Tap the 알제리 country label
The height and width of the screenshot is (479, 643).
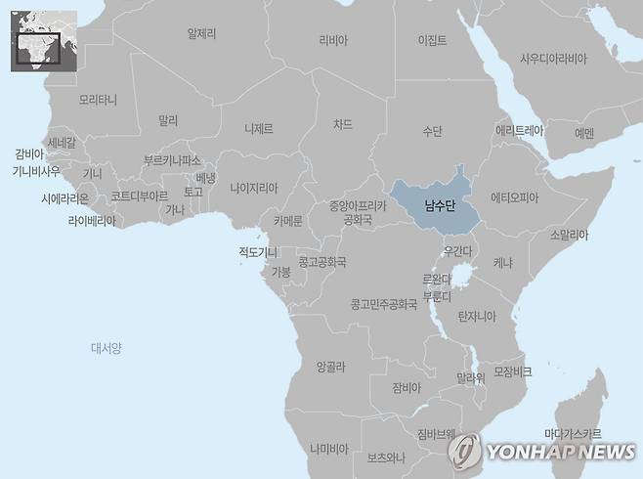tap(201, 33)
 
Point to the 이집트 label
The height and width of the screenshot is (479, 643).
tap(431, 40)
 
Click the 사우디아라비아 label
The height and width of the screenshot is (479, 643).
tap(554, 59)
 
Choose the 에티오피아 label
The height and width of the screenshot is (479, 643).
tap(515, 196)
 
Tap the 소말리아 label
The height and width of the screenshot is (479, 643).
tap(569, 235)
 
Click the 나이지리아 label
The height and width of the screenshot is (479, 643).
tap(254, 188)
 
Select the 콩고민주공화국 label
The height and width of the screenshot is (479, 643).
tap(384, 304)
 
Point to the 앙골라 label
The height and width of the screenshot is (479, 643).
tap(330, 367)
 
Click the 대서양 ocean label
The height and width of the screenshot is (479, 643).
tap(106, 347)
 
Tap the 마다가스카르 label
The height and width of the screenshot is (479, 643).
tap(573, 433)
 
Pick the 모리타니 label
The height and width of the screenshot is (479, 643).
tap(98, 100)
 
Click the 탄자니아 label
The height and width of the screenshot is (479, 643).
tap(477, 316)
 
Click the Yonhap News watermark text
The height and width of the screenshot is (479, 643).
tap(556, 452)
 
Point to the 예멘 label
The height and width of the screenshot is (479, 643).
tap(584, 133)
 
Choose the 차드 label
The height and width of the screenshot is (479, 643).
tap(342, 124)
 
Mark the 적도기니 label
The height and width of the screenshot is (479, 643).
tap(258, 252)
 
